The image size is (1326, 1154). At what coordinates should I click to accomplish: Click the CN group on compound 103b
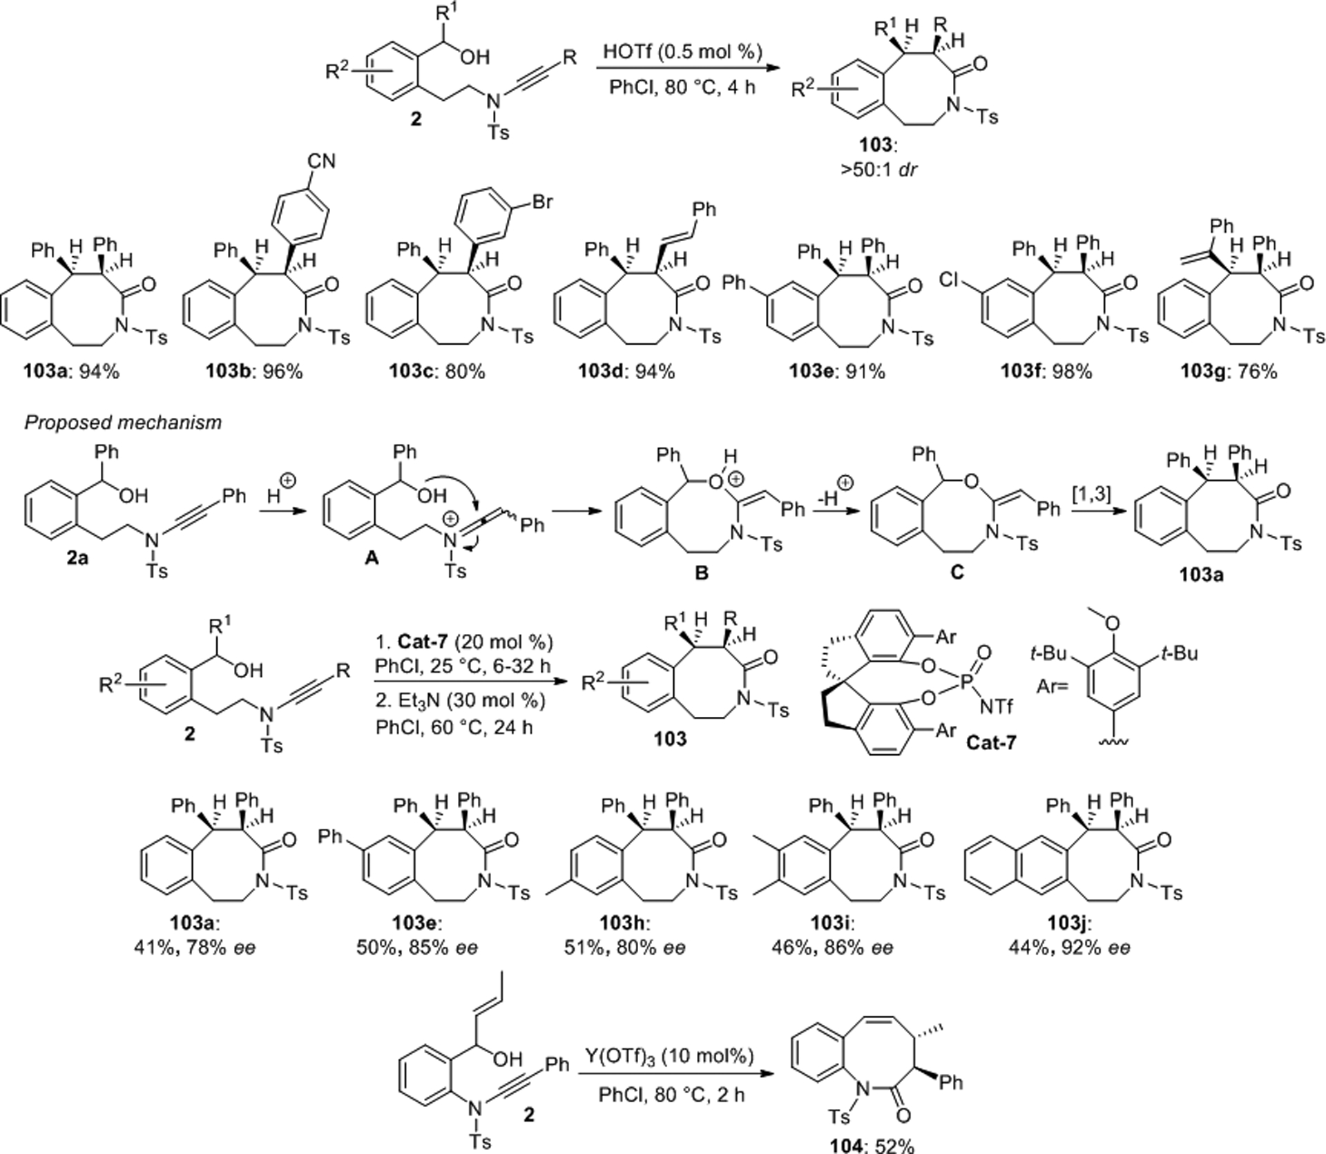click(322, 161)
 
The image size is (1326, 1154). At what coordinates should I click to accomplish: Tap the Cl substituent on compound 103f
click(952, 280)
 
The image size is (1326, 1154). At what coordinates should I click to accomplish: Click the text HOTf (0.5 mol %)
click(682, 52)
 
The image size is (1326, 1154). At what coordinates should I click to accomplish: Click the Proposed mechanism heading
click(123, 422)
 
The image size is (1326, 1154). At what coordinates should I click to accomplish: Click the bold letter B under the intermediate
click(701, 574)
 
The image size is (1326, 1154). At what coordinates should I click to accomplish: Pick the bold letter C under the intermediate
click(957, 574)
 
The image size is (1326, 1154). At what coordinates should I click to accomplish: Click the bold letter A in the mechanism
click(372, 559)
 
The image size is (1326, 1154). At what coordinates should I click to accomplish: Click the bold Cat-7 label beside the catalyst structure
click(991, 743)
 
